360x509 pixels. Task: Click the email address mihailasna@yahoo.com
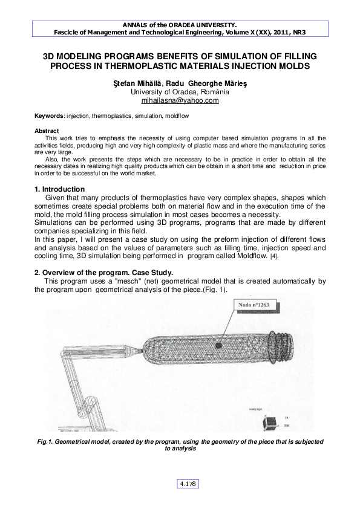pos(180,101)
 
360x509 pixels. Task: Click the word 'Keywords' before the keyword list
pos(48,115)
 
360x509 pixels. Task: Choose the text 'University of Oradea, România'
pos(180,92)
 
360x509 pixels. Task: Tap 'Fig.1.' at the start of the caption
pos(47,443)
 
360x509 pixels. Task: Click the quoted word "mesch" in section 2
pos(120,281)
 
